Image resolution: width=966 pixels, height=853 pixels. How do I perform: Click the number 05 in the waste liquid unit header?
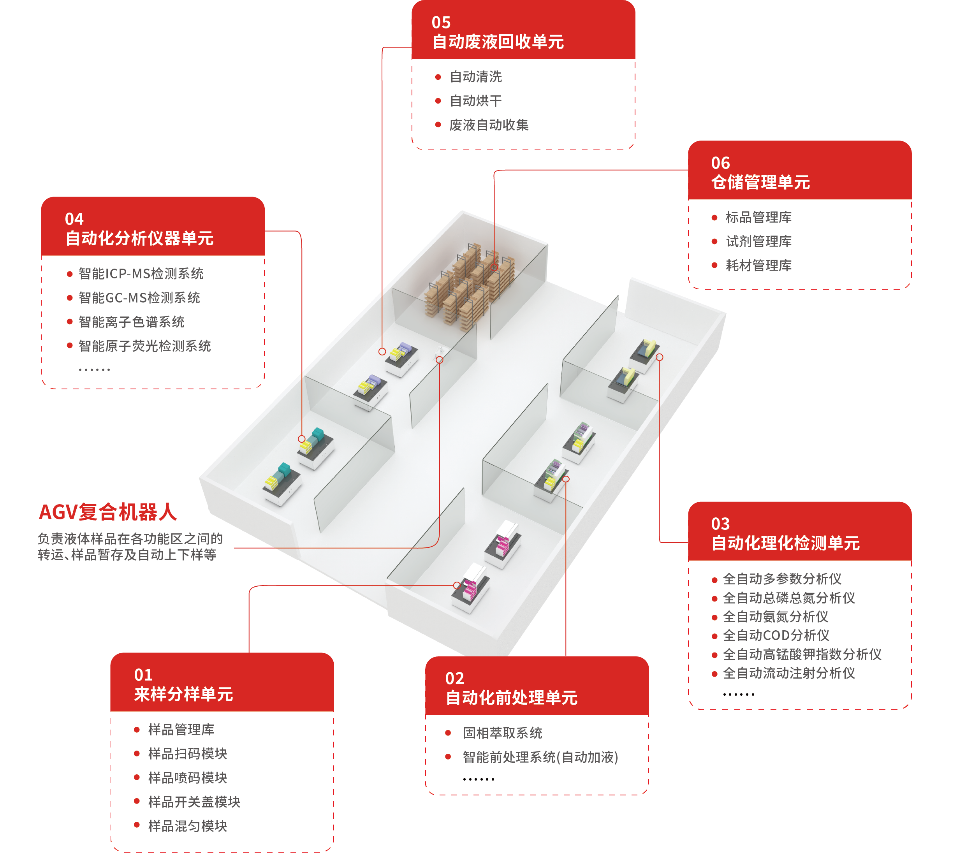click(x=441, y=22)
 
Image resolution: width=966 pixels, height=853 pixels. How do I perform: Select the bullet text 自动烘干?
click(x=475, y=101)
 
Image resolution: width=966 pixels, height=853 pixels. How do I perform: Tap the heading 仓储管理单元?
click(x=760, y=182)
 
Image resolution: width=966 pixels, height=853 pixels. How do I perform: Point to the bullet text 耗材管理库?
click(x=758, y=265)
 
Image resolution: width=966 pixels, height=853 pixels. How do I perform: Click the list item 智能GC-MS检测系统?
click(x=139, y=298)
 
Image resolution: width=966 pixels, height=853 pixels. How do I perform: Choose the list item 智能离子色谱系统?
click(x=131, y=322)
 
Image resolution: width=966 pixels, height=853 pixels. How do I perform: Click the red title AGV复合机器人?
click(x=108, y=512)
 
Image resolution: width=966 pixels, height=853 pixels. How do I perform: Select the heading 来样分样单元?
click(x=183, y=694)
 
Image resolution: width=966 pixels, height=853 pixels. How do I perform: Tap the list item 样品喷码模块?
click(x=188, y=777)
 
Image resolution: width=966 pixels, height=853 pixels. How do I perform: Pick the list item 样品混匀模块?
click(x=188, y=826)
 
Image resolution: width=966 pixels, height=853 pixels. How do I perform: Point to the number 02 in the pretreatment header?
click(x=455, y=678)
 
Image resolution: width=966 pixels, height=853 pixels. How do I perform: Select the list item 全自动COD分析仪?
click(x=776, y=635)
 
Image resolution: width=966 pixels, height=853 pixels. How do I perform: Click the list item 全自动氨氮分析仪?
click(x=776, y=616)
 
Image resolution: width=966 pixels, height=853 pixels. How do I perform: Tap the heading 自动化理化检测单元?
click(x=785, y=543)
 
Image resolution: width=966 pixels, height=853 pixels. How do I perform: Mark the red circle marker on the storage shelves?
click(x=494, y=267)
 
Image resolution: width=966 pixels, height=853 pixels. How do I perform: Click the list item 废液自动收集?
click(x=489, y=125)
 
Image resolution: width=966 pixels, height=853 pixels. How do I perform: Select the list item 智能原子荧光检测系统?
click(x=144, y=346)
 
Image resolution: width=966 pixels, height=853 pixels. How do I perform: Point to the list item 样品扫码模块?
click(x=188, y=753)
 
